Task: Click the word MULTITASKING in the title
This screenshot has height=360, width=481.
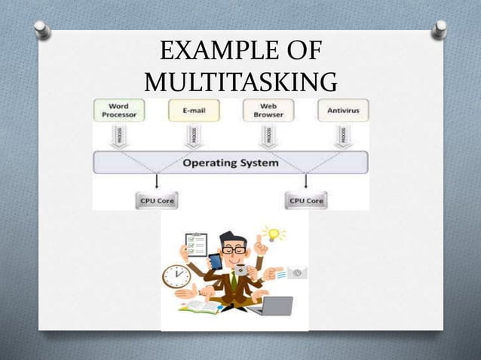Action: tap(239, 81)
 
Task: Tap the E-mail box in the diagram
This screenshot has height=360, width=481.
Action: tap(190, 110)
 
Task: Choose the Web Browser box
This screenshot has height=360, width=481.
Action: tap(268, 109)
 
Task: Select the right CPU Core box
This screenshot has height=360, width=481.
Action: tap(305, 200)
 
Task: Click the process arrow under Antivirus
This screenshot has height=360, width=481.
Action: tap(342, 136)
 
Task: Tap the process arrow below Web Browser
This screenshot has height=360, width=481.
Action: tap(268, 136)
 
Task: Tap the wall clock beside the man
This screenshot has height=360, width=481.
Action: tap(176, 276)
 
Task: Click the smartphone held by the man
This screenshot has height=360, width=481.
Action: tap(216, 261)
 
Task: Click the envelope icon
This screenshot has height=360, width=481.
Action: tap(295, 271)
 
